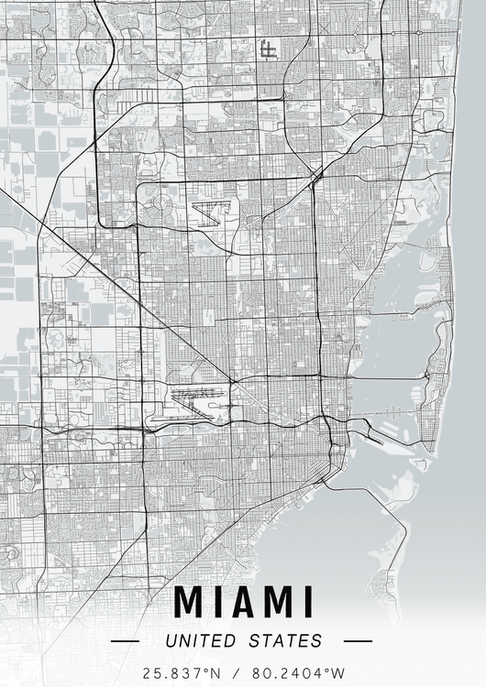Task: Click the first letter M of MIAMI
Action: [191, 602]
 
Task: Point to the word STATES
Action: [284, 641]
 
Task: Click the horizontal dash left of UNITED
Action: [125, 642]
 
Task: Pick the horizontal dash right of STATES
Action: [358, 642]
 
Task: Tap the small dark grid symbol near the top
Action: [268, 49]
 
